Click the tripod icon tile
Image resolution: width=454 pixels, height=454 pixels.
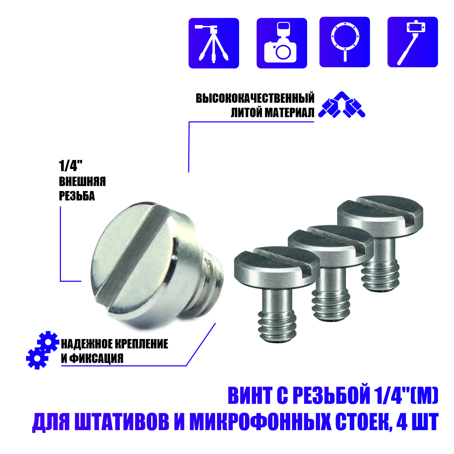point(214,43)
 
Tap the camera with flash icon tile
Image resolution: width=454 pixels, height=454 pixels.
point(281,43)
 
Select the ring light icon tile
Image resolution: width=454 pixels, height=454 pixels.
point(344,42)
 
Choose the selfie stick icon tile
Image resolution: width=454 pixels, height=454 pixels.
point(412,42)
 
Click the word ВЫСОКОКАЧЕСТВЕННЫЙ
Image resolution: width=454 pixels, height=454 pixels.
point(255,98)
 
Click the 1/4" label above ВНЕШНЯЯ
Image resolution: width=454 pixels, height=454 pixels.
point(70,166)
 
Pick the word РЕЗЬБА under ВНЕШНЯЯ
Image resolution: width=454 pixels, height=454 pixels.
point(77,196)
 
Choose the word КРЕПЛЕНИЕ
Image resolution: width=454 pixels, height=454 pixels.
point(141,344)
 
